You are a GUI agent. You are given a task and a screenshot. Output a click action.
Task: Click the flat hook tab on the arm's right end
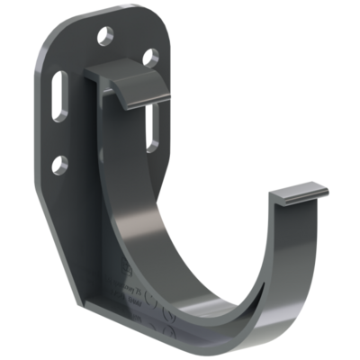click(301, 193)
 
